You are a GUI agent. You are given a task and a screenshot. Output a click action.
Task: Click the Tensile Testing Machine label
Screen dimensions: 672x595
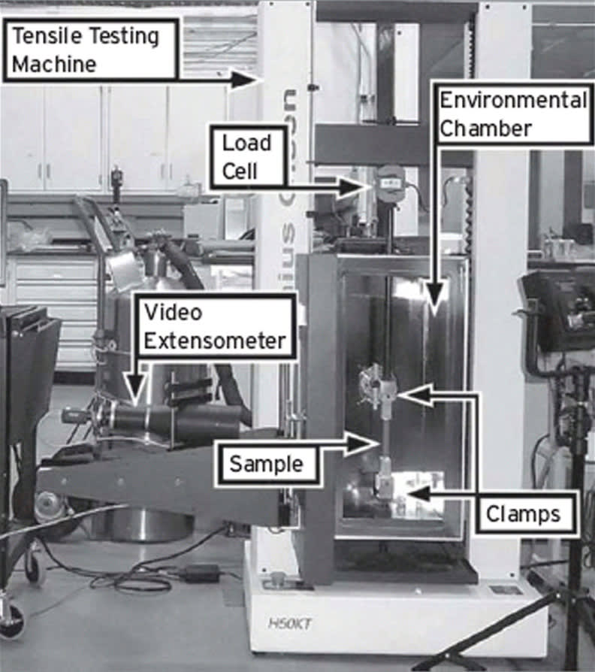click(x=90, y=50)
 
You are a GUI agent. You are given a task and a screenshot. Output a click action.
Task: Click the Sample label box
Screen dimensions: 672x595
click(x=266, y=464)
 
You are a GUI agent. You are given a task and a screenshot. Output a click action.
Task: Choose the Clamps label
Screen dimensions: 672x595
click(x=524, y=515)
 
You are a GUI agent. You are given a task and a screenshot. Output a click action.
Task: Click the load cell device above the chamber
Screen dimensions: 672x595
click(x=390, y=180)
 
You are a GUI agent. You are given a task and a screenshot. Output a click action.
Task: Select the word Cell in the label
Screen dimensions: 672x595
click(x=240, y=171)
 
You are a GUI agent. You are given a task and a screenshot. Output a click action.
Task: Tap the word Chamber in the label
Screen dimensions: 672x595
click(x=485, y=128)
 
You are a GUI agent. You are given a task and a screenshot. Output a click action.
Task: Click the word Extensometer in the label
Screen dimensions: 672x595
click(x=214, y=341)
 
